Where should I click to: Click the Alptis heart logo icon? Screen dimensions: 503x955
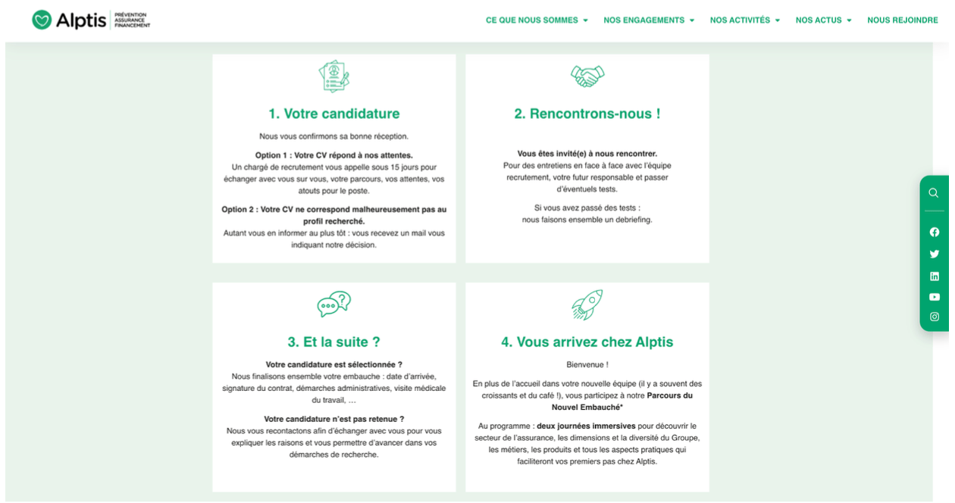42,20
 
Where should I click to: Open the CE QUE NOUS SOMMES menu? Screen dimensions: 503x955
536,20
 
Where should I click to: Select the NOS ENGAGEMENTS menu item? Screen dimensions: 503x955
648,20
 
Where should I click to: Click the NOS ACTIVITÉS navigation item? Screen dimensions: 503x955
744,20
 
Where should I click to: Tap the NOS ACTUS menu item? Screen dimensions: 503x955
823,20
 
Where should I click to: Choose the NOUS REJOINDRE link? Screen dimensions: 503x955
902,20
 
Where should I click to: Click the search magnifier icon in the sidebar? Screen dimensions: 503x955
934,193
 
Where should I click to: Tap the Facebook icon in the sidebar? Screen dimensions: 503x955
934,233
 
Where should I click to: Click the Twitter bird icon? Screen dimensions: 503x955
934,255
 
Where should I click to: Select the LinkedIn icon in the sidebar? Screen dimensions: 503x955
934,276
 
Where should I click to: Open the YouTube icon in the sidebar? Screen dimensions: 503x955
934,297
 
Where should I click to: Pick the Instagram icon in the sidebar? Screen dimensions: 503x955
934,317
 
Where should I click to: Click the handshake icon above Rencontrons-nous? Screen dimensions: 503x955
587,76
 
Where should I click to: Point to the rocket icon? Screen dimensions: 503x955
587,305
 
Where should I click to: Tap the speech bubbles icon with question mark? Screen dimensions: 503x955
334,305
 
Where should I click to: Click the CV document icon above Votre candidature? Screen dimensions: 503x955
334,77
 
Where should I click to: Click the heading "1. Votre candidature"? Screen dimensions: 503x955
334,114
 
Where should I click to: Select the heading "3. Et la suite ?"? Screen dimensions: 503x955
334,342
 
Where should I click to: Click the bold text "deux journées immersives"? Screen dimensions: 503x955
586,426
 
